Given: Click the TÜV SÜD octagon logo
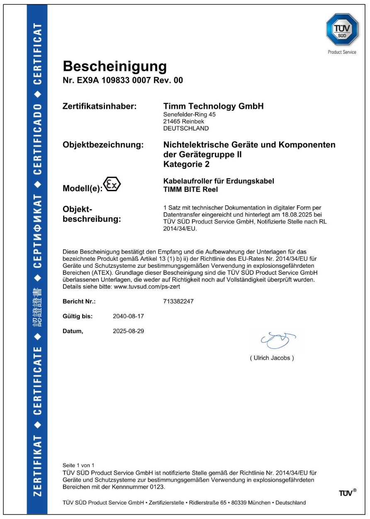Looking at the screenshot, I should coord(342,29).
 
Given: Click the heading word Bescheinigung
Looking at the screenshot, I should coord(114,66).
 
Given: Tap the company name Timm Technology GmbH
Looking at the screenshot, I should coord(214,106).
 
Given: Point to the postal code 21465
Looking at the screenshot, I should coord(172,121).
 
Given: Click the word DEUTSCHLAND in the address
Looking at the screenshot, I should coord(186,128).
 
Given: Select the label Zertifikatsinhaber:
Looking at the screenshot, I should coord(100,107).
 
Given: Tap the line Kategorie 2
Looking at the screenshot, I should coord(187,164).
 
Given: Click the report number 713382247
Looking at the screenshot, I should coord(179,301).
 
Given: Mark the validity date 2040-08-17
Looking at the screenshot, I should coord(128,316).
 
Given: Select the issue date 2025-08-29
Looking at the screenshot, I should coord(128,331).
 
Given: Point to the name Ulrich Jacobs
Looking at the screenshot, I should coord(272,358).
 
